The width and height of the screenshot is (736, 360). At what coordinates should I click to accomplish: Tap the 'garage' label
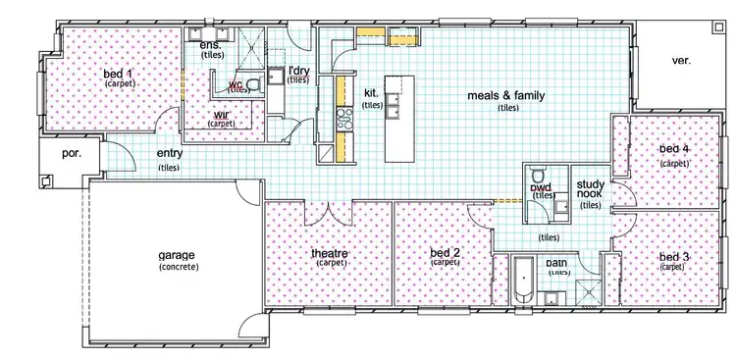point(178,255)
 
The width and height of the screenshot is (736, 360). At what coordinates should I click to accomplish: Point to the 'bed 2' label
point(446,253)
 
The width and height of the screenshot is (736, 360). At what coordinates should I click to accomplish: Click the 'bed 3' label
point(673,256)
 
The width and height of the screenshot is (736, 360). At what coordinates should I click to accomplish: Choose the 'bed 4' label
point(674,149)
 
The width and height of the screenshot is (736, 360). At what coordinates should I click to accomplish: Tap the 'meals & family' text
point(506,96)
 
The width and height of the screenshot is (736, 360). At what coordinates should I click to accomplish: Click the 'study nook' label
point(590,189)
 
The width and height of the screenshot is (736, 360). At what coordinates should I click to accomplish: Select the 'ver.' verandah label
point(681,60)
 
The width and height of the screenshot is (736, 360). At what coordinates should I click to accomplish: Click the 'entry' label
point(170,154)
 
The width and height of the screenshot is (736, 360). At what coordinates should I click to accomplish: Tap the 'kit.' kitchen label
point(371,92)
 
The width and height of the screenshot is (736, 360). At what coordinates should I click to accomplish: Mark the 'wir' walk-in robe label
point(222,114)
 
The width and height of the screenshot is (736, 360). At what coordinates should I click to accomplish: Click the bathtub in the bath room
point(522,282)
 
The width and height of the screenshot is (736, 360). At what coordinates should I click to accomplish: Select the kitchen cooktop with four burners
point(343,121)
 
